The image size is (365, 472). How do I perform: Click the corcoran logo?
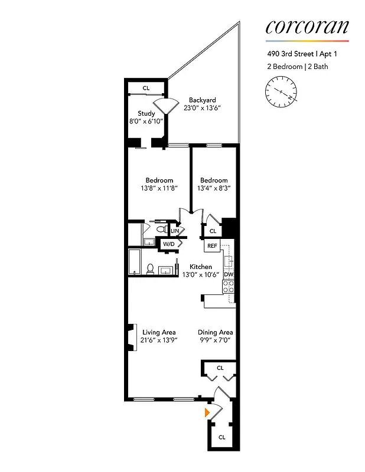click(307, 27)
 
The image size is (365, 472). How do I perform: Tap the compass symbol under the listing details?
click(282, 92)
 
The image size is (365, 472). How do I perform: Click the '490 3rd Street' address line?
click(305, 54)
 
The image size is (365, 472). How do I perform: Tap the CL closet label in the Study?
click(146, 88)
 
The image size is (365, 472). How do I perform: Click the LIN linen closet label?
click(175, 231)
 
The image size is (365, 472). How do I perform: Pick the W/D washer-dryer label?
click(169, 243)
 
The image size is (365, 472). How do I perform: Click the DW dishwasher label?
click(229, 274)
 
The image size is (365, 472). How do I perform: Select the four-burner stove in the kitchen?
click(228, 287)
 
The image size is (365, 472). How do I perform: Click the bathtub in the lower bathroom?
click(135, 261)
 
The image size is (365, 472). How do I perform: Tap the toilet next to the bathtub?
click(151, 268)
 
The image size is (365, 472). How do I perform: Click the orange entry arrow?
click(207, 412)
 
